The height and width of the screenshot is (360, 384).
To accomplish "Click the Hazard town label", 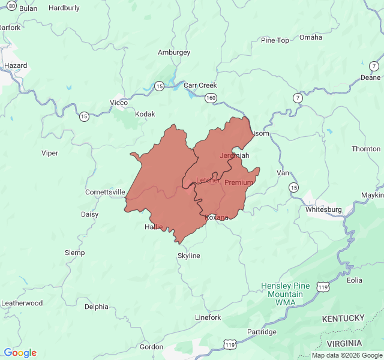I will pyautogui.click(x=16, y=65).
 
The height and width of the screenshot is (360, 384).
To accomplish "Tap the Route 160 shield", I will pyautogui.click(x=210, y=97).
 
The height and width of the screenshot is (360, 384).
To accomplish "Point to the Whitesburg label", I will pyautogui.click(x=323, y=209).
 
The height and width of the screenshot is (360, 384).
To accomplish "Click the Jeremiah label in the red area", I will pyautogui.click(x=234, y=155).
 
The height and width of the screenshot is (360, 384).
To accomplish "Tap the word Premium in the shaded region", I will pyautogui.click(x=239, y=182).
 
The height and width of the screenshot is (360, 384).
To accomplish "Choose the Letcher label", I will pyautogui.click(x=208, y=180).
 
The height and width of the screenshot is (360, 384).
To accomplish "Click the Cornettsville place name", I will pyautogui.click(x=105, y=192).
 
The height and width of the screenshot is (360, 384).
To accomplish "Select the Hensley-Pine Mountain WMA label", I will pyautogui.click(x=286, y=294).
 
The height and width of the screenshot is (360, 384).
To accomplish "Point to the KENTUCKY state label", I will pyautogui.click(x=343, y=317).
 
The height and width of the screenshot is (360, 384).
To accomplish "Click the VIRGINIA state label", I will pyautogui.click(x=344, y=343).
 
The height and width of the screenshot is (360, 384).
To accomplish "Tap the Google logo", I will pyautogui.click(x=20, y=353).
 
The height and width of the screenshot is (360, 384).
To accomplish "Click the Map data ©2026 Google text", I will pyautogui.click(x=347, y=355).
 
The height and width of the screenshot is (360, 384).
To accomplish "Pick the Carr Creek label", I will pyautogui.click(x=200, y=85).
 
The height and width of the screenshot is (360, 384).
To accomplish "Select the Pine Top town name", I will pyautogui.click(x=275, y=40).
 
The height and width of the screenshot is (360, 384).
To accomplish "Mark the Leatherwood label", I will pyautogui.click(x=22, y=303).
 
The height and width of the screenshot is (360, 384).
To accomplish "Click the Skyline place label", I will pyautogui.click(x=188, y=256).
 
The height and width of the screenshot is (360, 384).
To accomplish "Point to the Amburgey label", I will pyautogui.click(x=174, y=52).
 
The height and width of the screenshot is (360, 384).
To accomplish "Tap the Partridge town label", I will pyautogui.click(x=262, y=332).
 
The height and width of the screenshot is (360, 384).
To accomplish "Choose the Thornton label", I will pyautogui.click(x=366, y=149).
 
